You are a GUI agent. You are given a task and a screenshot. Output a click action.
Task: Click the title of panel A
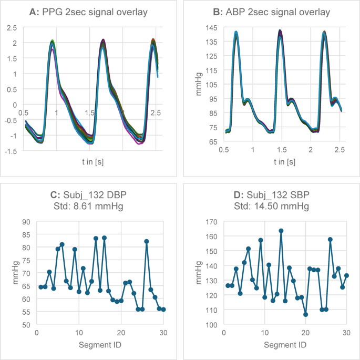[x=88, y=12]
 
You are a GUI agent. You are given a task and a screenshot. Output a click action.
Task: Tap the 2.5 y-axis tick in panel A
[x=12, y=28]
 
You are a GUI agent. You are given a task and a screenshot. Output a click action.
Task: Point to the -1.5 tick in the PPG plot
[x=11, y=151]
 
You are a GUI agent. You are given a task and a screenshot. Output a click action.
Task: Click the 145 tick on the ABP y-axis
[x=211, y=28]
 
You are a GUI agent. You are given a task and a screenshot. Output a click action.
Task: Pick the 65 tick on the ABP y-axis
[x=213, y=142]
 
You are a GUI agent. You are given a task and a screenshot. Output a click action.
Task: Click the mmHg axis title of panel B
[x=199, y=84]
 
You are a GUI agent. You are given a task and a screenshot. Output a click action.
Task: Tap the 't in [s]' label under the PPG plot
[x=92, y=162]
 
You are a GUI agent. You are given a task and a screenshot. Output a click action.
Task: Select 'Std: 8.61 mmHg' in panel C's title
[x=88, y=206]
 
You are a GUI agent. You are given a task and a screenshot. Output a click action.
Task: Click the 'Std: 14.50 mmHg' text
[x=271, y=206]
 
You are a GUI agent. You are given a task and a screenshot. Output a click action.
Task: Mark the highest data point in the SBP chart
[x=281, y=231]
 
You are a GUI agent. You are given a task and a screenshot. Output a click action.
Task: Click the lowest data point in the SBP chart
[x=305, y=315]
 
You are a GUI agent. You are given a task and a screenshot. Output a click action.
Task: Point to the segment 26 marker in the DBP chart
[x=147, y=241]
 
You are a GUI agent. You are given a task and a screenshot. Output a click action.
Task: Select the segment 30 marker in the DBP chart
[x=163, y=310]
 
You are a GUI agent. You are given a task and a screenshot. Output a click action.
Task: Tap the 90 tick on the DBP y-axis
[x=26, y=222]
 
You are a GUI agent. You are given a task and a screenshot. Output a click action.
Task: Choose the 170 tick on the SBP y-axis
[x=211, y=222]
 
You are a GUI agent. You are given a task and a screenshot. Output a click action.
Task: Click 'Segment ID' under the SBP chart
[x=285, y=345]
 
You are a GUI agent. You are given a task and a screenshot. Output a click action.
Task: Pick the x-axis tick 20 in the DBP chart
[x=121, y=333]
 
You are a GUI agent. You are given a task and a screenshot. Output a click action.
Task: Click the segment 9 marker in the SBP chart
[x=261, y=240]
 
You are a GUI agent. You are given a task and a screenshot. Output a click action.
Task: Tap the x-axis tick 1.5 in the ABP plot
[x=282, y=150]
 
